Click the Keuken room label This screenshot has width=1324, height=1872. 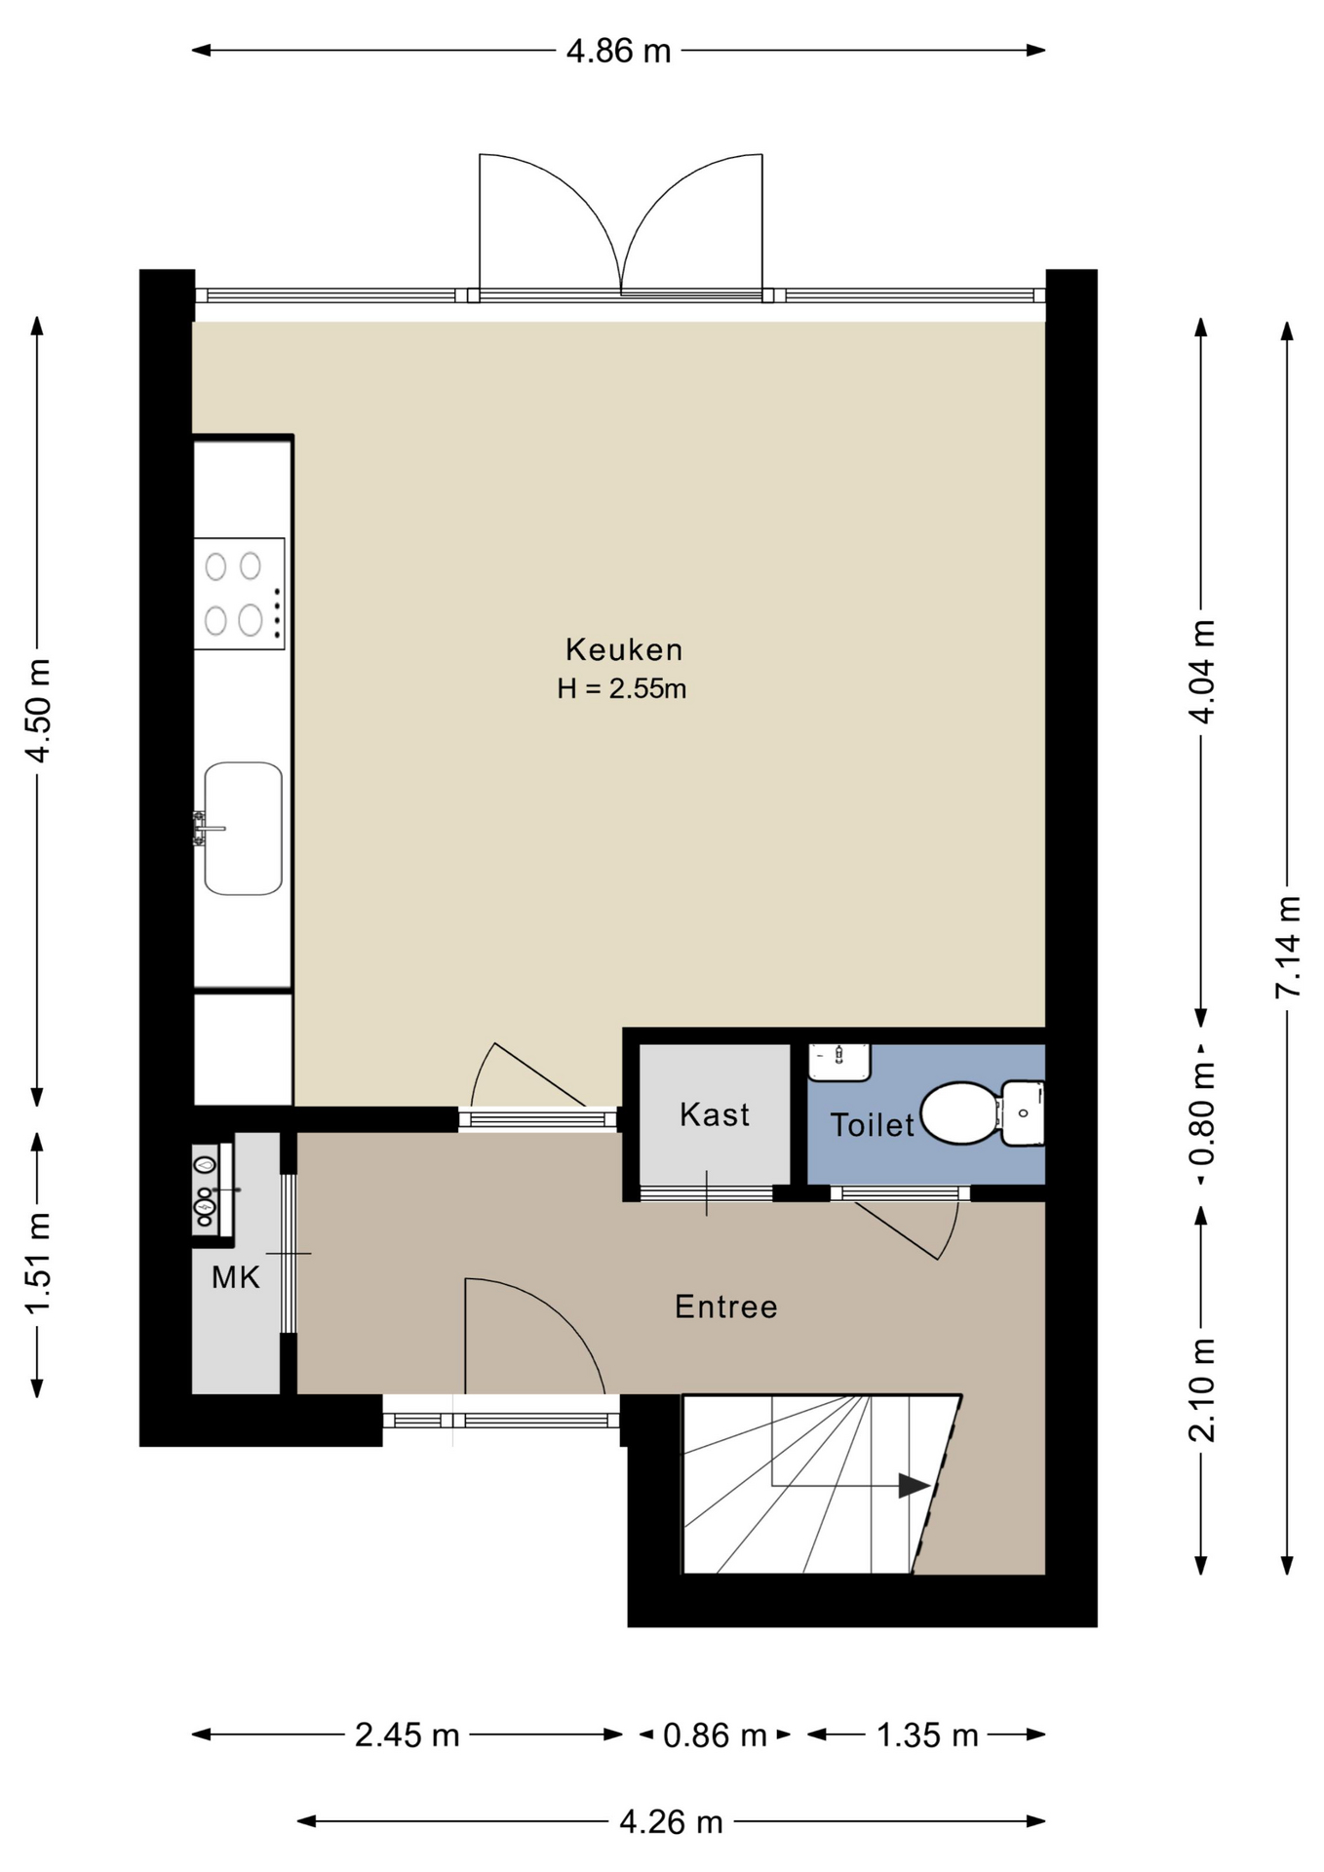click(624, 649)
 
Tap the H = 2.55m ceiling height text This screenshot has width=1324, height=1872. click(622, 689)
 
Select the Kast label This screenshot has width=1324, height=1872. click(715, 1114)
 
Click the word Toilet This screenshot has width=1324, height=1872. click(872, 1125)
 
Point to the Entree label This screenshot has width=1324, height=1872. click(726, 1306)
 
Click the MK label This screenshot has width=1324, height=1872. click(236, 1277)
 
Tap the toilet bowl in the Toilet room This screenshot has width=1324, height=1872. click(959, 1112)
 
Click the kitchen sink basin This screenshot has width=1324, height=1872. click(243, 829)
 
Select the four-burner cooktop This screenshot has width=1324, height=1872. click(240, 593)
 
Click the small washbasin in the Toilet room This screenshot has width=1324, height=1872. click(839, 1062)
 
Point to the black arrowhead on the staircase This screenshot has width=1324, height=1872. click(914, 1486)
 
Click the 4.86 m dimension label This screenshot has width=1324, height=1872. click(619, 51)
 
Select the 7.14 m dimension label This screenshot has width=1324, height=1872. click(1288, 946)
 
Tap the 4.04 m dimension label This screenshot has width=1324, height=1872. click(1202, 672)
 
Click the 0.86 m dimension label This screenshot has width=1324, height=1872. click(715, 1735)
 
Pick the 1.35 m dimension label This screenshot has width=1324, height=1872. click(927, 1735)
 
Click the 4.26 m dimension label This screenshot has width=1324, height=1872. click(672, 1821)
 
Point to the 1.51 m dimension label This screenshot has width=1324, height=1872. click(38, 1265)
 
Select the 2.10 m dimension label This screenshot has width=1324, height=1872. click(1202, 1389)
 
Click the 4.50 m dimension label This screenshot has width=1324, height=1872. click(38, 711)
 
